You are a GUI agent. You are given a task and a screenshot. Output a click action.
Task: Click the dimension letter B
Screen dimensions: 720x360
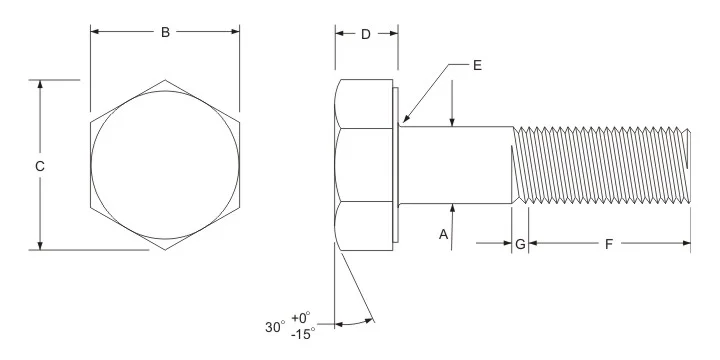tap(165, 32)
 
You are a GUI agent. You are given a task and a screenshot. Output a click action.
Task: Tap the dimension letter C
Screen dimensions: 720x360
tap(40, 166)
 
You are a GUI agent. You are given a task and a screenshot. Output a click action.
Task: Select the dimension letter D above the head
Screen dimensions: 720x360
tap(366, 34)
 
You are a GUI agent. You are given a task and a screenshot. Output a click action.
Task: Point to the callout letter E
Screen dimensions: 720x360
tap(477, 65)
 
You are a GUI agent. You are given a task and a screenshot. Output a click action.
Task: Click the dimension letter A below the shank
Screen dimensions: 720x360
tap(443, 235)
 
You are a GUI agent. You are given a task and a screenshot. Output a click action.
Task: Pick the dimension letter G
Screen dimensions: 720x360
tap(520, 244)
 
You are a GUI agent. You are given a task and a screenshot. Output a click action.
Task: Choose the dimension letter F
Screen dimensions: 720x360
tap(609, 244)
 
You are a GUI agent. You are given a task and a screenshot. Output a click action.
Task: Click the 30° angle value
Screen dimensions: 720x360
tap(275, 327)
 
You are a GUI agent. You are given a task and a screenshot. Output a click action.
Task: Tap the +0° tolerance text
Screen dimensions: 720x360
tap(301, 317)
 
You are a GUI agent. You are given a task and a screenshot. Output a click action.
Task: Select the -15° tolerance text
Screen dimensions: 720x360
tap(303, 333)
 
